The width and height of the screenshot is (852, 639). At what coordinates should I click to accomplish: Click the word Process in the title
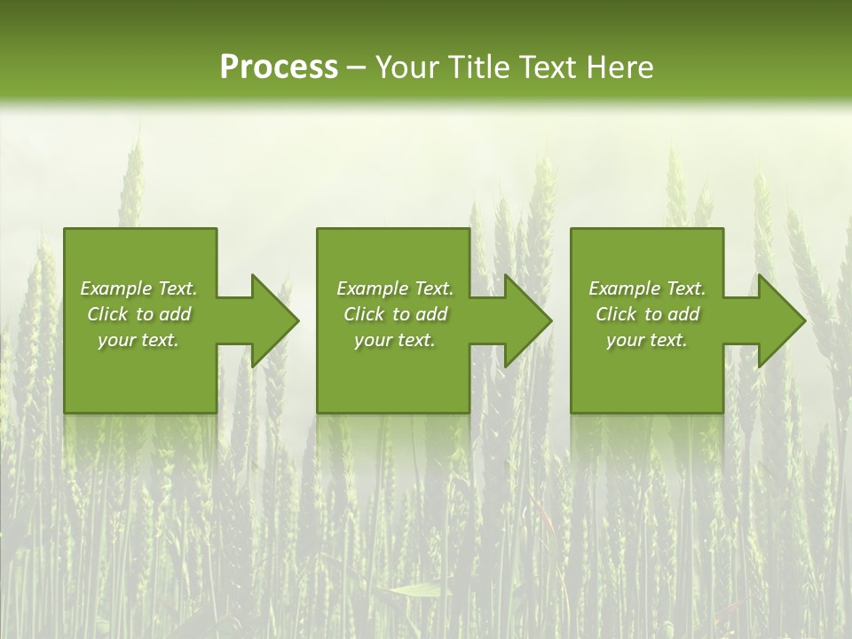coord(279,67)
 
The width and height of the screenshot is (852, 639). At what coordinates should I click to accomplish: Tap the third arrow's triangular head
coord(780,320)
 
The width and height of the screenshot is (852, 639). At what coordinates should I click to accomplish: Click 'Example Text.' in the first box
coord(138,288)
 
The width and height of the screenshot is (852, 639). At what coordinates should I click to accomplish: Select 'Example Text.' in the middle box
coord(395,288)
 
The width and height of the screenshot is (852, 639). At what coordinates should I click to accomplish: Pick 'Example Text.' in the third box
coord(647,288)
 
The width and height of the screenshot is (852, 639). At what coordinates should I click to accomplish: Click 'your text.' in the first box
coord(138,340)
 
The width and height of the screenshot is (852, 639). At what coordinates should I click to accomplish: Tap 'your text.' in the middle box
coord(395,340)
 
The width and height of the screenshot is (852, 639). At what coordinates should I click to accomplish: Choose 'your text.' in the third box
coord(647,340)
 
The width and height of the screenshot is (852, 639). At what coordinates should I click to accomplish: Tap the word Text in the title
coord(545,67)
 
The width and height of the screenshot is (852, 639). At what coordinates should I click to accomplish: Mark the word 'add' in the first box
coord(176,314)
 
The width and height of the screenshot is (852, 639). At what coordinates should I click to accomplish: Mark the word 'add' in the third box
coord(684,314)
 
